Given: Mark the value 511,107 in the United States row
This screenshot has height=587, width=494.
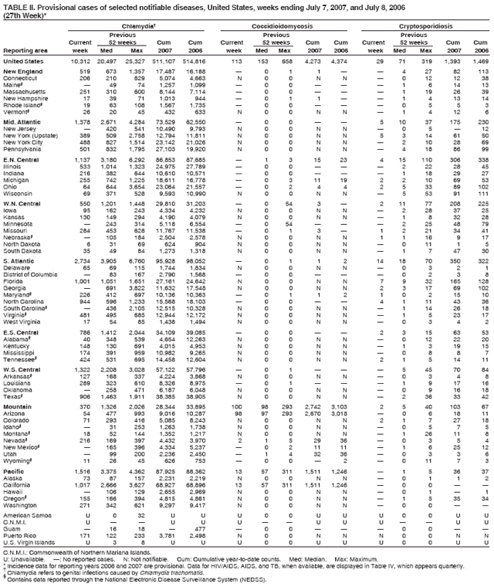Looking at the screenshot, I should click(x=172, y=60).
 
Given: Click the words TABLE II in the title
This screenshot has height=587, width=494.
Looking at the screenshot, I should click(x=19, y=5).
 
